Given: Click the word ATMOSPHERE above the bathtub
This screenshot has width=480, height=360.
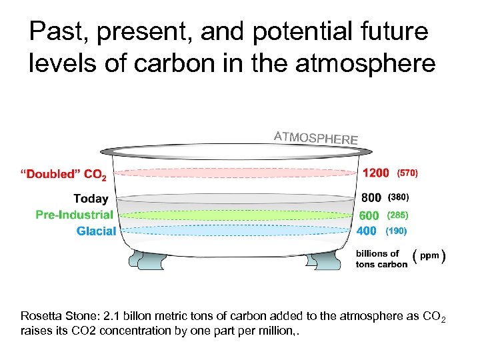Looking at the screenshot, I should [316, 138].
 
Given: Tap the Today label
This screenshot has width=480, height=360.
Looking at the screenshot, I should [91, 198].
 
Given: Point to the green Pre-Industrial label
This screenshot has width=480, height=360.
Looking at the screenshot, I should [74, 215].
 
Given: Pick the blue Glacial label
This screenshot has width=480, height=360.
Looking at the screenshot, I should [96, 231].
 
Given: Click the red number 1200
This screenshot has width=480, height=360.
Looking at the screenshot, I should [376, 173].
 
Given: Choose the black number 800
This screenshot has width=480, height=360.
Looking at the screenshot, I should [371, 197].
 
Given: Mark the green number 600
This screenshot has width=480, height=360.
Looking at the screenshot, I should [369, 215].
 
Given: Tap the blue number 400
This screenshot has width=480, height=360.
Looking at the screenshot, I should [367, 231].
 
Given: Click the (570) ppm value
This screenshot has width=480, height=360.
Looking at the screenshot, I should [407, 173].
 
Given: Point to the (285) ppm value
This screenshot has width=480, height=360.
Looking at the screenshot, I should [398, 215].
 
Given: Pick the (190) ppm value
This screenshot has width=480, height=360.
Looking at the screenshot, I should [396, 231].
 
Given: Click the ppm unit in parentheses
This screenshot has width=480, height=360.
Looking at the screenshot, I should [429, 257].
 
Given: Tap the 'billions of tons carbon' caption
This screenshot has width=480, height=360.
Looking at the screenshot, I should [381, 259].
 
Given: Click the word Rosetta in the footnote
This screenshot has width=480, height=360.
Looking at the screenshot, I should [39, 317].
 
